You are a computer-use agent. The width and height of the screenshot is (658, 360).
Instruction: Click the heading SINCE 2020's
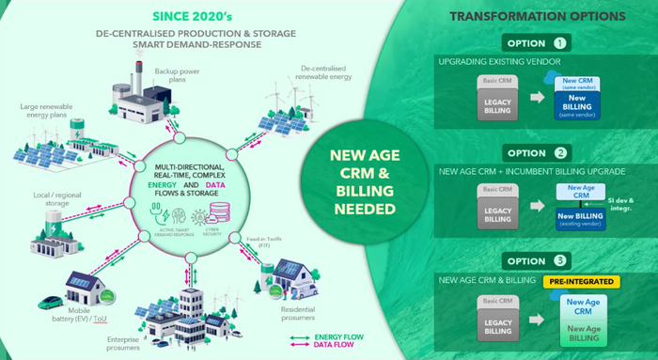pos(195,16)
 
